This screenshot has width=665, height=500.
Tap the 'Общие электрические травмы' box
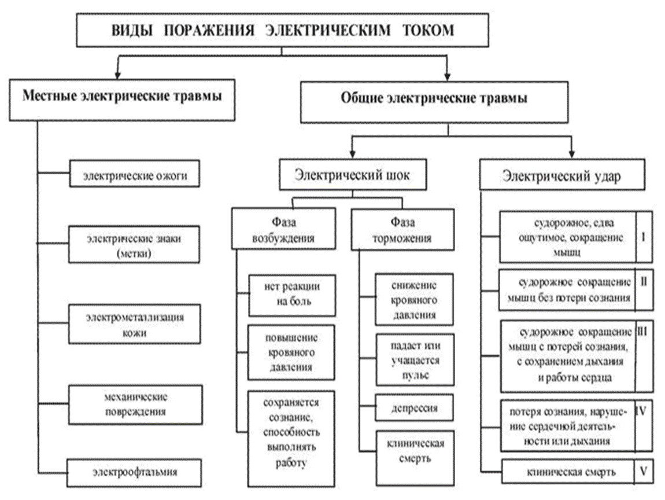tap(434, 100)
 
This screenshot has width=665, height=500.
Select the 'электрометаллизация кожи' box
tap(134, 325)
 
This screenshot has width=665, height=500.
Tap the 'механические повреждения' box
tap(135, 405)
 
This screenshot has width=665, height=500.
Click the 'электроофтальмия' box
tap(135, 472)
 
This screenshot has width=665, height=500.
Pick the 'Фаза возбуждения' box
tap(283, 229)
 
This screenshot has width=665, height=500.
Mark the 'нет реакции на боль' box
tap(292, 295)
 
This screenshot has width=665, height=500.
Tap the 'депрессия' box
tap(413, 408)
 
